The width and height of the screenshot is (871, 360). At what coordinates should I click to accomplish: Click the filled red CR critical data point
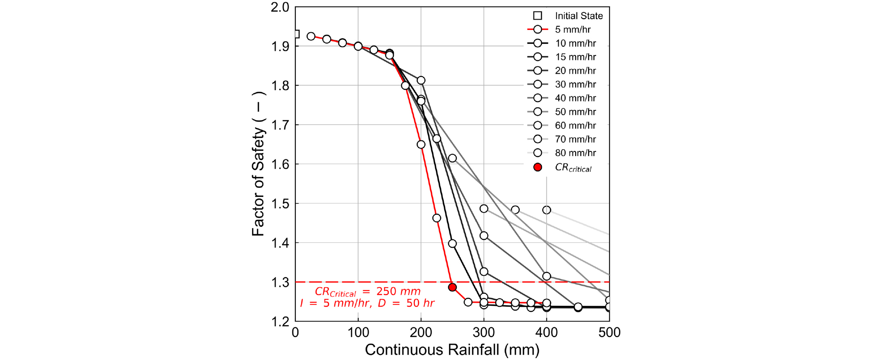(452, 287)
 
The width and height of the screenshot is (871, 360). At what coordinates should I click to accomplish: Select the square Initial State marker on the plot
(296, 34)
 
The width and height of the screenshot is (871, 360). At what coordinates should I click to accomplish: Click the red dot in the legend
(538, 167)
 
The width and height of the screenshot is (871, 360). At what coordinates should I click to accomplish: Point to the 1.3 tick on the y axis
(281, 282)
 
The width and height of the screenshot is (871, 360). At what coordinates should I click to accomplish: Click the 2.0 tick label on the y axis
(280, 7)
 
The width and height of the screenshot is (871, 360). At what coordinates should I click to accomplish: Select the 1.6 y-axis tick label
(281, 164)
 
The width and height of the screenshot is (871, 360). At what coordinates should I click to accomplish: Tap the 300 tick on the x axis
(484, 333)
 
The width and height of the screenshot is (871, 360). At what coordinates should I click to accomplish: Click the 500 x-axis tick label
(609, 333)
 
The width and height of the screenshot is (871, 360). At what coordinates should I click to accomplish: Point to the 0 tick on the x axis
(295, 333)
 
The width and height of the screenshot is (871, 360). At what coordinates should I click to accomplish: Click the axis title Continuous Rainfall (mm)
(452, 350)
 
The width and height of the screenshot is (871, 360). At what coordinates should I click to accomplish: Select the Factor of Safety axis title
(259, 164)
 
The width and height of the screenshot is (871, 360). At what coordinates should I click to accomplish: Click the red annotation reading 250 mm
(398, 291)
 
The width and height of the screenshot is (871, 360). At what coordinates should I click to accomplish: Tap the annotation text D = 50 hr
(406, 303)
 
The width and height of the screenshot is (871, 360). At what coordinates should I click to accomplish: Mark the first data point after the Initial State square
(311, 36)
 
